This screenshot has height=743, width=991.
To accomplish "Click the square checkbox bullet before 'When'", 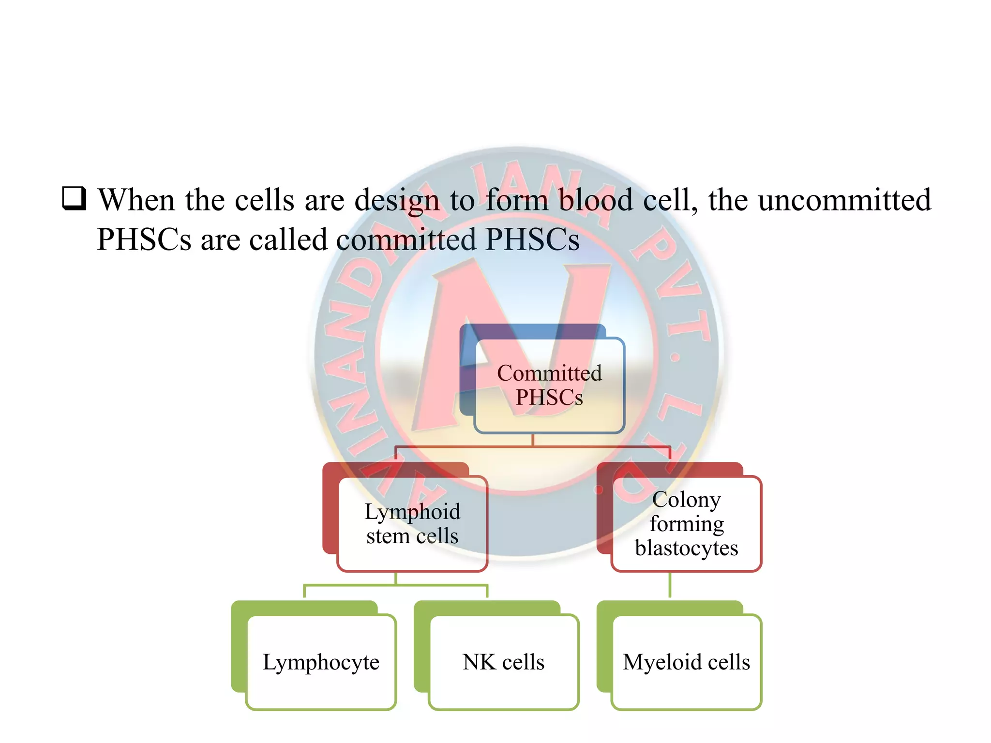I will click(x=74, y=199).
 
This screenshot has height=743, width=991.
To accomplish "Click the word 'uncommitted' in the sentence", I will click(x=844, y=200).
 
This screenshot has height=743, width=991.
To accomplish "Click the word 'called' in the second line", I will click(x=288, y=239).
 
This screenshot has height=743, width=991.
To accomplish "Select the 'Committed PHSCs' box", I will click(x=549, y=386).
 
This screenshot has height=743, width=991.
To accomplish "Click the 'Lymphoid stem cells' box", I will click(x=412, y=523).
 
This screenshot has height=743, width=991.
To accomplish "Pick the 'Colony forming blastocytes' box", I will click(x=686, y=523).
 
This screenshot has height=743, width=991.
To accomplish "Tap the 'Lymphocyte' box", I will click(x=321, y=662).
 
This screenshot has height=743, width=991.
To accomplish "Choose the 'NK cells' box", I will click(x=504, y=662).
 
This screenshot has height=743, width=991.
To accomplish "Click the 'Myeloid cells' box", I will click(x=686, y=662).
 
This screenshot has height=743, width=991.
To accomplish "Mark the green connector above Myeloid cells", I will click(x=670, y=585).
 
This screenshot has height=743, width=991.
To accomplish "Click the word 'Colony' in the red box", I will click(x=686, y=499).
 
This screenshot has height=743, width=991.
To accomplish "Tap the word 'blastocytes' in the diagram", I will click(x=686, y=548).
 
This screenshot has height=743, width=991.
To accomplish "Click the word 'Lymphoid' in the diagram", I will click(x=412, y=511).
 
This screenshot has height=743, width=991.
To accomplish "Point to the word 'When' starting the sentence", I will click(x=136, y=200).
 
